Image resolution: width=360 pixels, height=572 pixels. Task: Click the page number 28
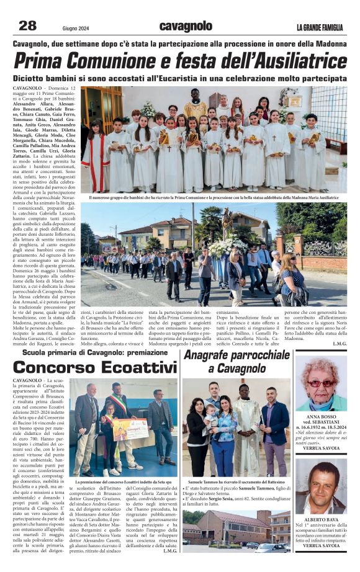(x=28, y=25)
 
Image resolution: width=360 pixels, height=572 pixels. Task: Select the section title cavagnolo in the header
(x=186, y=26)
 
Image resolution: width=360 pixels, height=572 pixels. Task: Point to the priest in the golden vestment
(x=196, y=107)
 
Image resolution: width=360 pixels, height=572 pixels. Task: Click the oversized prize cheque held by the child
(x=130, y=428)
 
